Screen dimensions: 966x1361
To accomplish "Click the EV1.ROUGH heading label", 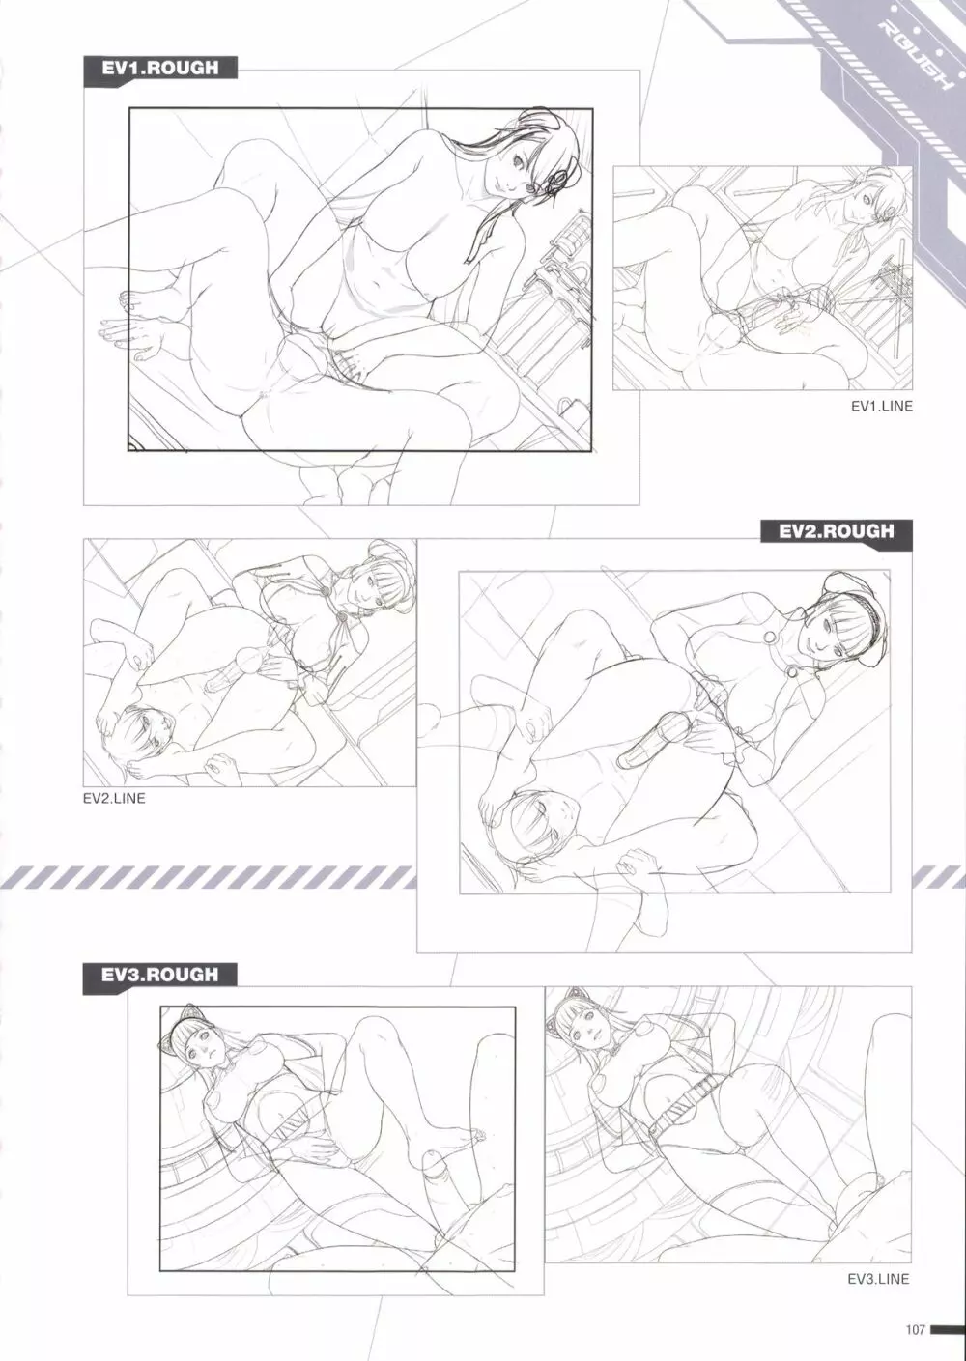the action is (159, 68).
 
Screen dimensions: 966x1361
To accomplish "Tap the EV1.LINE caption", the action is (882, 406).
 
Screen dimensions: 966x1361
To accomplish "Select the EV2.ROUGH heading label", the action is (836, 531).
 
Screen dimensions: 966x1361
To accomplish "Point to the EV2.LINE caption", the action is (114, 799).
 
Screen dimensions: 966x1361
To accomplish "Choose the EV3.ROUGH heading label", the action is (159, 976).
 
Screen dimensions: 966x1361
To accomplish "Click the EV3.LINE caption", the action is (878, 1279).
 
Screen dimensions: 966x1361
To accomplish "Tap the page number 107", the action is (915, 1330).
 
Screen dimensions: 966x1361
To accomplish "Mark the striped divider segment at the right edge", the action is (939, 877).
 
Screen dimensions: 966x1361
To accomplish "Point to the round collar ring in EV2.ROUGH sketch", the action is (769, 637).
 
